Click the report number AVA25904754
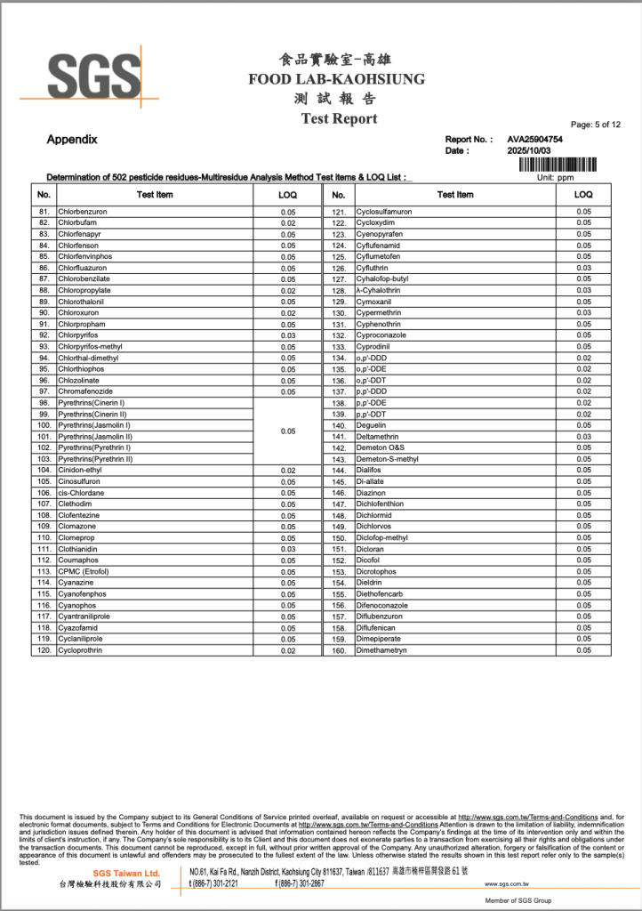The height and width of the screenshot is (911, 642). coord(534,140)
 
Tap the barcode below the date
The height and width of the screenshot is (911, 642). coord(558,164)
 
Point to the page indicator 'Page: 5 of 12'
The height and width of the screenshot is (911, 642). coord(596,125)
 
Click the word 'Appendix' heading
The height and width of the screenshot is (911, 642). coord(72,140)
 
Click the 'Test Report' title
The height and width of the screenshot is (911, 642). coord(339,118)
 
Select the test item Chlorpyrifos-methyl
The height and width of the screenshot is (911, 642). coord(90,346)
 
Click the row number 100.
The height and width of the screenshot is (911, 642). coord(44,425)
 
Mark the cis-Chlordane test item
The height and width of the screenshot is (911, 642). coord(81,492)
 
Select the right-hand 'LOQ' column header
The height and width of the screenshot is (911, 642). coord(583,194)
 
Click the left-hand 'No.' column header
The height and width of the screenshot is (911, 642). coord(44,194)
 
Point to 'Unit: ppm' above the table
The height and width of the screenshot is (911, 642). coord(557,177)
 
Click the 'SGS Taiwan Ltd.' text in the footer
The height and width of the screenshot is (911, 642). coord(126,874)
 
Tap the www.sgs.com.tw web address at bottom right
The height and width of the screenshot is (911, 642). coord(507,884)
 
